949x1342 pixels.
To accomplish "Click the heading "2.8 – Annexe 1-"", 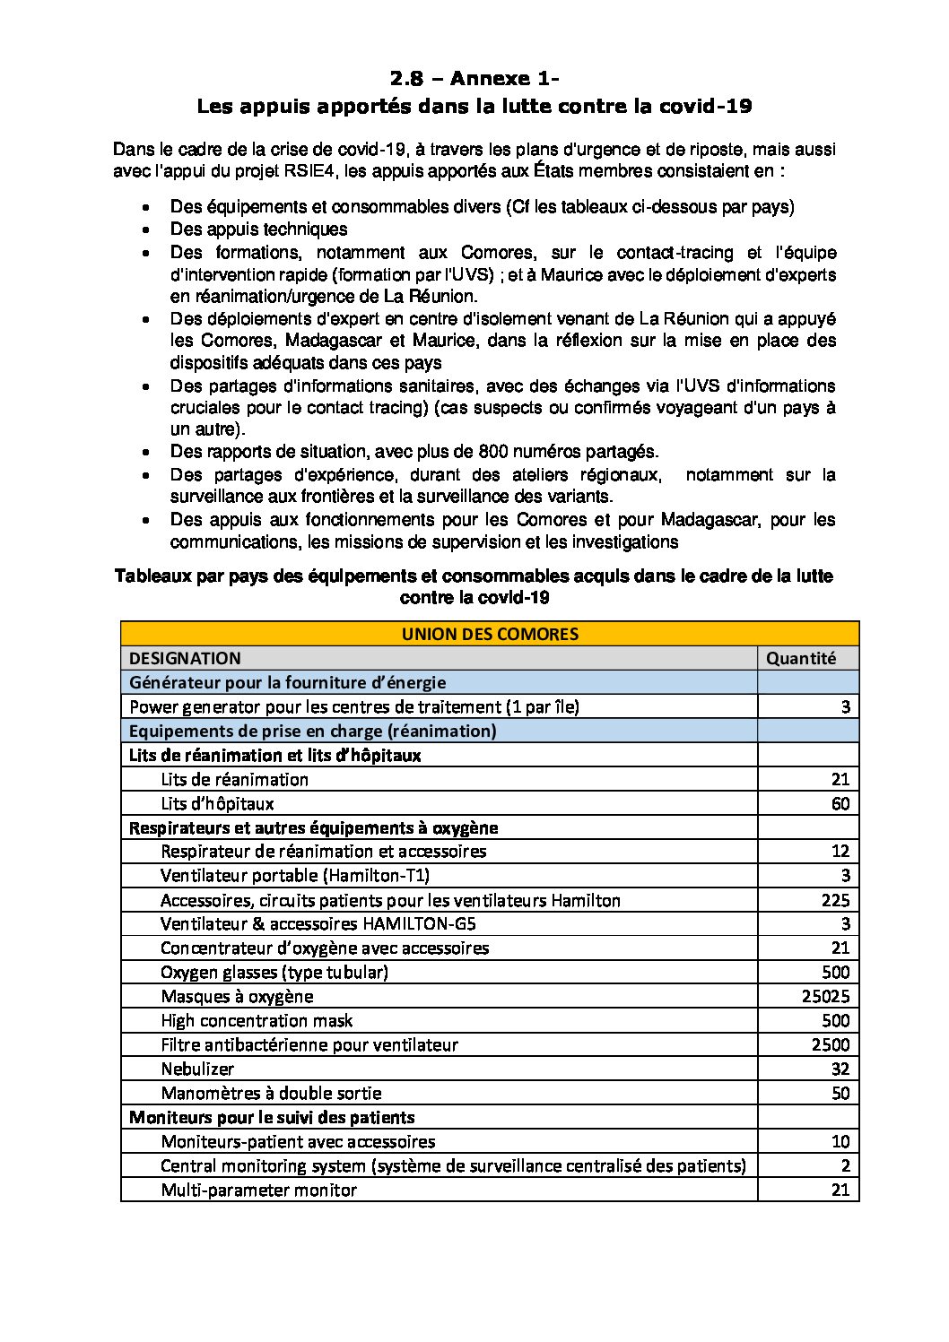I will coord(474,79).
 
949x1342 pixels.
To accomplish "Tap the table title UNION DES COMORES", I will coord(490,634).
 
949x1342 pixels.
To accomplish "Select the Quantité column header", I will coord(800,658).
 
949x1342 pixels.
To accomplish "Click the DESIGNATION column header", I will coord(185,658).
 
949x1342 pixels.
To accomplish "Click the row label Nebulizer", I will coord(197,1069).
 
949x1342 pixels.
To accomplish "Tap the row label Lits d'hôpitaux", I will coord(217,803).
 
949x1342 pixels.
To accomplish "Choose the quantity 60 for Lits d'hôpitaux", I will coord(840,803).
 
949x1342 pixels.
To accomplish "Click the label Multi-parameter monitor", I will coord(258,1190).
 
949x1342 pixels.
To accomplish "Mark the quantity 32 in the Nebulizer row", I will coord(840,1069).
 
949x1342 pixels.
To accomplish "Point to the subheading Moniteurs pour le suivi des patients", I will coord(272,1117).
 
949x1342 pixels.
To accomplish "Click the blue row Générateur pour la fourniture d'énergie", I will coord(287,682).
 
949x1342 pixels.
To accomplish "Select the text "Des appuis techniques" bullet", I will coord(258,229).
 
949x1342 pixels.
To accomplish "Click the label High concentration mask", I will coord(257,1020).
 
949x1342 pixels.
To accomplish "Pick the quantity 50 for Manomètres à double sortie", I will coord(840,1093).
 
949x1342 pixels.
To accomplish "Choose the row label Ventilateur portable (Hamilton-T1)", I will coord(301,876).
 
